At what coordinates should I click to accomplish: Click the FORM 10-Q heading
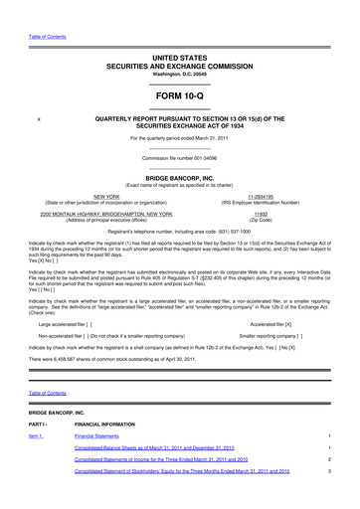180,95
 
